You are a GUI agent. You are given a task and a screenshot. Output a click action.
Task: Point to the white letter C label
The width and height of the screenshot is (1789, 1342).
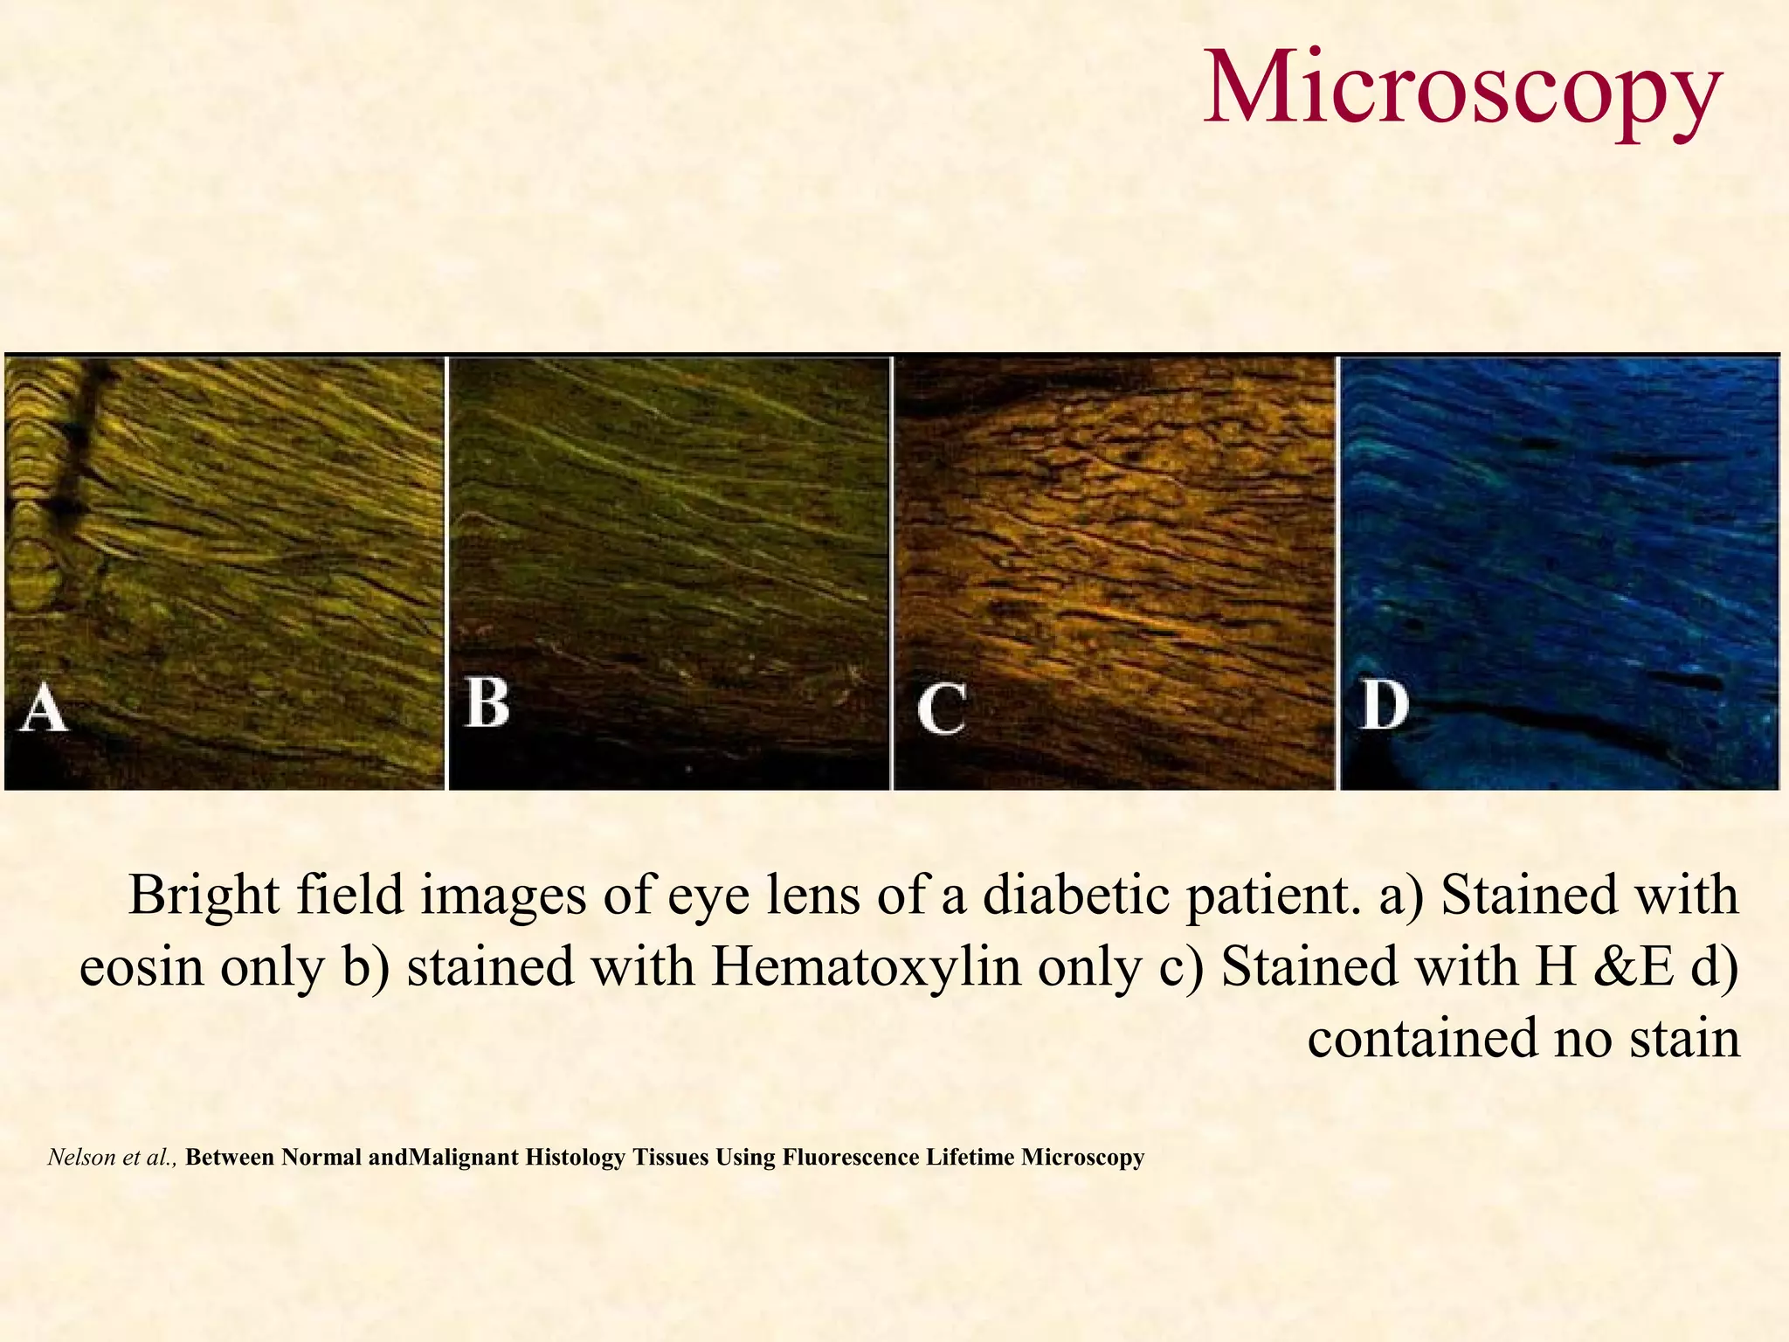pos(941,709)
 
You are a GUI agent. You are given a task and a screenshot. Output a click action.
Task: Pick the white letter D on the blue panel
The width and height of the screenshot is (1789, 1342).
pos(1385,705)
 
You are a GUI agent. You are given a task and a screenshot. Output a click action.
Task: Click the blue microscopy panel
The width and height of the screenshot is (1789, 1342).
pos(1559,572)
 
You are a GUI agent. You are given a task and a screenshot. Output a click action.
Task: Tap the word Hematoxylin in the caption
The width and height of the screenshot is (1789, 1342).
pos(866,968)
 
